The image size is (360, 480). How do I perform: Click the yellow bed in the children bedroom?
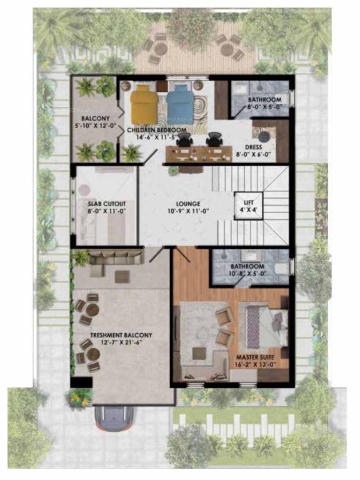144,104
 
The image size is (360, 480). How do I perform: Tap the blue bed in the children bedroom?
178,104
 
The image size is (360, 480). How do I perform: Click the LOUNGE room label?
187,204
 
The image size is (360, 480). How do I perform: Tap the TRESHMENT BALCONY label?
121,336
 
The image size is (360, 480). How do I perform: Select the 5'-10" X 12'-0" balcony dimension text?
95,125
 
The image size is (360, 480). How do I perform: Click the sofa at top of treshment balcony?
107,257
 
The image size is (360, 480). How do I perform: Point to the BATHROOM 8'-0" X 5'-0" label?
264,100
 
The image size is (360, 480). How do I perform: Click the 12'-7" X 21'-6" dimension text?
121,343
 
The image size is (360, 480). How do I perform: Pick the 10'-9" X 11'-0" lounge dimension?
187,212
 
